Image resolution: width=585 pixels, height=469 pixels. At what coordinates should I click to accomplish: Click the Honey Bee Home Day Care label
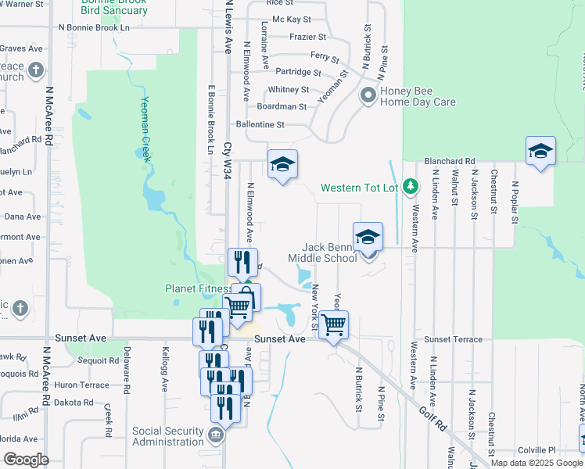click(418, 96)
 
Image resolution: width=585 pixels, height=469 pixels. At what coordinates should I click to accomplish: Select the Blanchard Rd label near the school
click(450, 161)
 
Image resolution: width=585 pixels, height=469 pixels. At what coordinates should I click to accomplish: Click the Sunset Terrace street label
click(454, 340)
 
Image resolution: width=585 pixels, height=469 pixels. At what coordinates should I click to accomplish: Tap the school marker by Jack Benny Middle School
click(368, 236)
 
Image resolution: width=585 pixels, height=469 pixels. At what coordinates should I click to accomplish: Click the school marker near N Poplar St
click(540, 150)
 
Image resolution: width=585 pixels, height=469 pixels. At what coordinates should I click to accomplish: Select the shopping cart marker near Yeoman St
click(334, 324)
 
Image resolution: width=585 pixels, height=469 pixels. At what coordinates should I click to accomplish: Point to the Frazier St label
click(307, 37)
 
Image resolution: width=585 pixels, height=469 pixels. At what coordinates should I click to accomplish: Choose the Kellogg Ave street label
click(165, 369)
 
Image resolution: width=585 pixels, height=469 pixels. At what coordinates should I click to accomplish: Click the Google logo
click(26, 460)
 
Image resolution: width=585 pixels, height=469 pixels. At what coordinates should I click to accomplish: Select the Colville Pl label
click(539, 449)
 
